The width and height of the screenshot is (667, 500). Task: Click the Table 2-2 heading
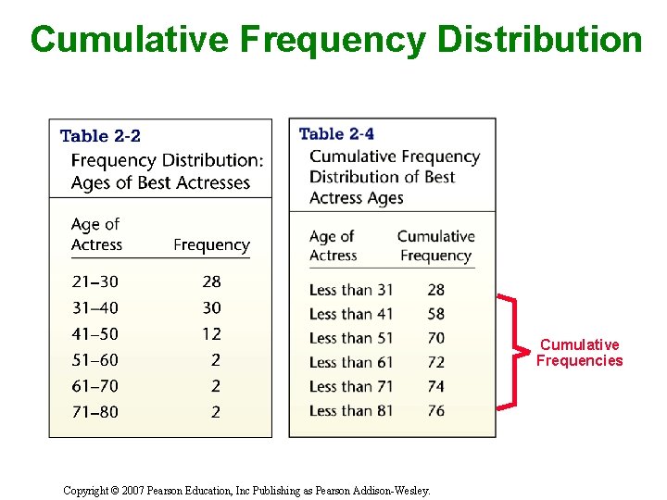coord(100,136)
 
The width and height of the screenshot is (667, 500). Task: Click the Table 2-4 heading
coord(336,134)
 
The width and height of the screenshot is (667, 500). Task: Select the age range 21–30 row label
coord(94,281)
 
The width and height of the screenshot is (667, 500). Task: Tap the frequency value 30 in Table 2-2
coord(211,307)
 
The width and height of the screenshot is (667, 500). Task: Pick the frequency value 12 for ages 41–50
coord(211,333)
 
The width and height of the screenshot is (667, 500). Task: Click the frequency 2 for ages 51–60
coord(216,360)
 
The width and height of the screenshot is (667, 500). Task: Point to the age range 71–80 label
coord(94,412)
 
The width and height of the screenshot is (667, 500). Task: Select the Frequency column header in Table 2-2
coord(211,245)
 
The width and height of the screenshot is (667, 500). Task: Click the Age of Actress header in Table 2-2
coord(96,234)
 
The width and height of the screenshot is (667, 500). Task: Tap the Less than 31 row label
coord(351,291)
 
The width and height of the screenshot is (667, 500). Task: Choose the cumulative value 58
coord(435,315)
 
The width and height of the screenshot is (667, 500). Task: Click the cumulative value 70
coord(435,339)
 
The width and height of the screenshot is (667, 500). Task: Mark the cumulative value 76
coord(435,411)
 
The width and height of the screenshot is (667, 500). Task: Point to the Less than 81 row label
coord(351,411)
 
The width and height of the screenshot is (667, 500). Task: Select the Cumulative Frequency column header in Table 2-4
coord(435,245)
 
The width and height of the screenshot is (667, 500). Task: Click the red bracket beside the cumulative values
coord(511,351)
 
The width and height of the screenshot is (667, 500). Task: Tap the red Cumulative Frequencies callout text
coord(579,353)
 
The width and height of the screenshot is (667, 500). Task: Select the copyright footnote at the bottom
coord(246,491)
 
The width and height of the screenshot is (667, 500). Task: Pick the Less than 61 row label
coord(351,363)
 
